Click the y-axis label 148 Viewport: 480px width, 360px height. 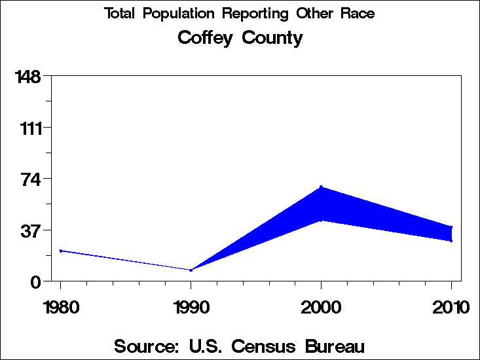pos(28,77)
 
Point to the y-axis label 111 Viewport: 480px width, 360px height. pos(28,128)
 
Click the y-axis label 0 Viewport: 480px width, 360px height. pos(37,282)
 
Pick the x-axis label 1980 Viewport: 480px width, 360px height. pos(60,307)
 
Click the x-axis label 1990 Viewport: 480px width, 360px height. pos(191,307)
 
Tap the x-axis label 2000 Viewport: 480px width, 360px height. pos(321,307)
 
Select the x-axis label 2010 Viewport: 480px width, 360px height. pos(451,307)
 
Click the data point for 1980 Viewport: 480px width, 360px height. pos(60,251)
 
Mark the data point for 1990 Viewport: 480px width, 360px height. pos(191,270)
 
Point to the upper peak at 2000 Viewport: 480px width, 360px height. pos(321,187)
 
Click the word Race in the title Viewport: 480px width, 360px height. pos(358,14)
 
